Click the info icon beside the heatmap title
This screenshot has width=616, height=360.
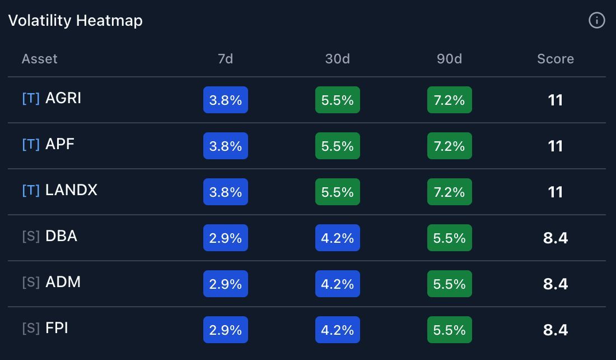coord(596,21)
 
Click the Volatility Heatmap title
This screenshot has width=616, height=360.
coord(76,21)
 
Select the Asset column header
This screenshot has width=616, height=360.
coord(39,59)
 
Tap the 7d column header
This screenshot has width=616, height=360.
coord(225,59)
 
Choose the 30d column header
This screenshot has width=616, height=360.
coord(337,59)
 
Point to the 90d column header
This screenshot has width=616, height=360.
coord(449,59)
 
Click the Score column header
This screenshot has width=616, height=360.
coord(555,59)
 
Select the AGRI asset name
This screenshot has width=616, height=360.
coord(63,98)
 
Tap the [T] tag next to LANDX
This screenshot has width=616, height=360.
coord(31,191)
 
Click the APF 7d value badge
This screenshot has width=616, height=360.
coord(225,146)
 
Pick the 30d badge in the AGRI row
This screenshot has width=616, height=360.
coord(337,100)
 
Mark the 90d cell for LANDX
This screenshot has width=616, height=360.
coord(449,192)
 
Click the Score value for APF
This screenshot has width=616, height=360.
coord(555,146)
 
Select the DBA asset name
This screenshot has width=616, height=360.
coord(61,236)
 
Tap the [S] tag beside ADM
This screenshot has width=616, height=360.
coord(31,283)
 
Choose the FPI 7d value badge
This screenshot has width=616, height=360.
coord(225,330)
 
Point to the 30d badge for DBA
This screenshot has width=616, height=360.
coord(337,238)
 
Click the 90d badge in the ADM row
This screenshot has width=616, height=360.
coord(449,284)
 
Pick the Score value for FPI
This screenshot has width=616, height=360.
coord(555,330)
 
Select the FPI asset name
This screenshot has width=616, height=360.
coord(57,328)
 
